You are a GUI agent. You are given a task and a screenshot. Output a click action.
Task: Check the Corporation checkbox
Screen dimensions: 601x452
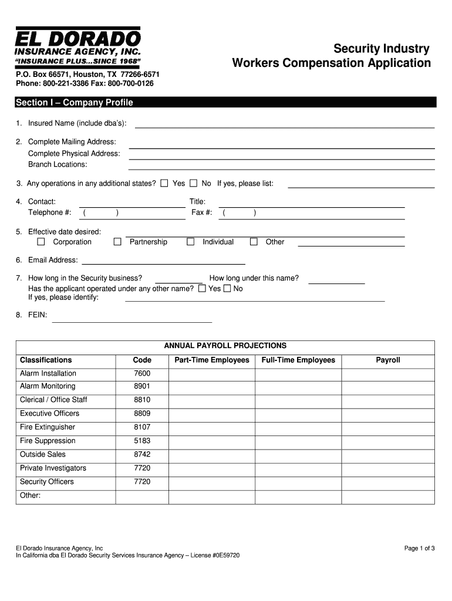coord(41,242)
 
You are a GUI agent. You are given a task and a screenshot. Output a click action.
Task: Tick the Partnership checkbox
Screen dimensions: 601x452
coord(117,242)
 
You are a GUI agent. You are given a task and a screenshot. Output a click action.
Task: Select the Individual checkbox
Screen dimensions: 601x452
coord(191,242)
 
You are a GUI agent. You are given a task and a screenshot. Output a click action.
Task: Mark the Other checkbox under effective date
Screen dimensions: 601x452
coord(254,242)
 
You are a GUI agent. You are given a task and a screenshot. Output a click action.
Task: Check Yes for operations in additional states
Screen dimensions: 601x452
coord(164,183)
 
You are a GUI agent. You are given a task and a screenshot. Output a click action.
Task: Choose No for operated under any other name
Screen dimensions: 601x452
coord(227,289)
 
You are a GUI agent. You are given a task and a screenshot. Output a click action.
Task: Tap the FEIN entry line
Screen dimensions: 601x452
coord(132,320)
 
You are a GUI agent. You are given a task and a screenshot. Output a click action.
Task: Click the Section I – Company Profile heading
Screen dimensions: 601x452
coord(75,103)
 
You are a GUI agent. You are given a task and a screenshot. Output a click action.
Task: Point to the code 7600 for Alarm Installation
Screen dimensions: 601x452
coord(142,373)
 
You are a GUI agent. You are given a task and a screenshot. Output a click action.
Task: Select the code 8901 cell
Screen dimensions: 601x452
coord(142,386)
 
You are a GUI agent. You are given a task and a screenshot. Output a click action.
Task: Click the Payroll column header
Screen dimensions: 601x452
coord(388,360)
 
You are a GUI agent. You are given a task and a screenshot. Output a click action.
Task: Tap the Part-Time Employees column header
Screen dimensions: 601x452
coord(212,360)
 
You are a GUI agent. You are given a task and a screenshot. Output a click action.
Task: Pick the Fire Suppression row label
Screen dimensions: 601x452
coord(48,441)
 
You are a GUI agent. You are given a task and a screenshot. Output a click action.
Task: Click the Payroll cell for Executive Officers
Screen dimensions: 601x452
coord(388,414)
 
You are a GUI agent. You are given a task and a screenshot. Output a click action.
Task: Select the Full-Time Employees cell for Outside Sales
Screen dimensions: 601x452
coord(298,454)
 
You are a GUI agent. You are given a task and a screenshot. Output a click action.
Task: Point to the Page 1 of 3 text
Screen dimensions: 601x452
coord(419,548)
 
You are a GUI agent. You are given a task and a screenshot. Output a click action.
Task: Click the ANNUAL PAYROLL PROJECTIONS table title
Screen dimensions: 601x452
coord(225,346)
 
